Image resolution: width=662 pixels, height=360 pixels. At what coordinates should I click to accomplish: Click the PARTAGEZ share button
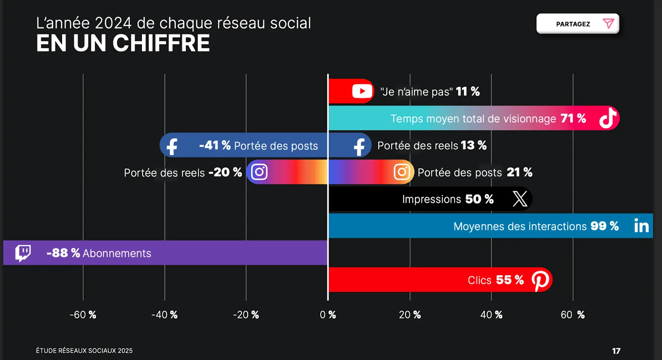(578, 24)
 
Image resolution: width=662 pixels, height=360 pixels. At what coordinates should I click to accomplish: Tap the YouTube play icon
(362, 91)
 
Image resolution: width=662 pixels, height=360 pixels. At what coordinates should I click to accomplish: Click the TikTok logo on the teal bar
(608, 118)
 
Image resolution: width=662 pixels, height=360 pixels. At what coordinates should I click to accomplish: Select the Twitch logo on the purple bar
(23, 253)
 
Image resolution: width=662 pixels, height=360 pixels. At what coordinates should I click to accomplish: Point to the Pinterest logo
(540, 280)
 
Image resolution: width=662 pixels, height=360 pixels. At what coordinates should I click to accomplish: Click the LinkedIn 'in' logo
(641, 226)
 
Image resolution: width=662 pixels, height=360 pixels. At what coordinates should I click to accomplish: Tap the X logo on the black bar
(520, 199)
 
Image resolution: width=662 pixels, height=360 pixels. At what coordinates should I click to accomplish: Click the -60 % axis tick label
(83, 315)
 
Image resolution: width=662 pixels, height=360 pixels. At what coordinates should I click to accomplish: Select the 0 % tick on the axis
(328, 315)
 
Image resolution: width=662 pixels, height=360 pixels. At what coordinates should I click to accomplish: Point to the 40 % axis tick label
(491, 315)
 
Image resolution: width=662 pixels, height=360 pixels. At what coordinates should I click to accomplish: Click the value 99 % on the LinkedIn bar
(604, 226)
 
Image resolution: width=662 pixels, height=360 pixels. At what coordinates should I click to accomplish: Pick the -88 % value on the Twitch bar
(63, 253)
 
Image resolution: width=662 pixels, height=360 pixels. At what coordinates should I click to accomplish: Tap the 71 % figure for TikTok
(573, 118)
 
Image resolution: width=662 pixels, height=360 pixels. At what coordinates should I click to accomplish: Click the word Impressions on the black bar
(432, 199)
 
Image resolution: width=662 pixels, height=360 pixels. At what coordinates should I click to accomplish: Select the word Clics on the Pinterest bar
(480, 281)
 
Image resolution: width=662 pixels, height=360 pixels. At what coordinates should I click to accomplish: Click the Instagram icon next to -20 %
(259, 172)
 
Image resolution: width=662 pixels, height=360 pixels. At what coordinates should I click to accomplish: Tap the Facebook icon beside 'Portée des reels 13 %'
(359, 146)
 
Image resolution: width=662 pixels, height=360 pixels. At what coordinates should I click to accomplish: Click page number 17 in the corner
(616, 351)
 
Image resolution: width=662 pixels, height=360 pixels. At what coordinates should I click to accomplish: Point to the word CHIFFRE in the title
(161, 43)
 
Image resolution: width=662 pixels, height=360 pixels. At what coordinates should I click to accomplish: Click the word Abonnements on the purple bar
(117, 253)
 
